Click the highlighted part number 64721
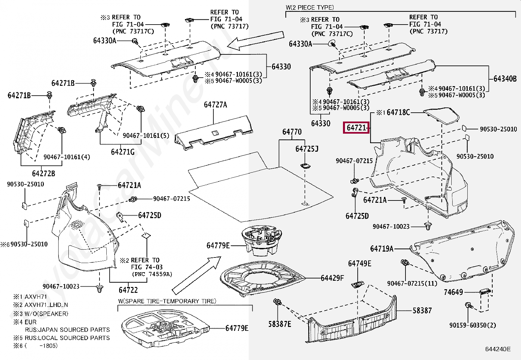[356, 127]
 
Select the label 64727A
[215, 105]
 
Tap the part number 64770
[292, 132]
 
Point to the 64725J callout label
[307, 149]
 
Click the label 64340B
[505, 79]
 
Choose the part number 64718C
[398, 113]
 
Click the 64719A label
[382, 249]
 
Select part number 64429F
[332, 278]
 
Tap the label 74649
[453, 292]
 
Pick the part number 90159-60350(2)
[473, 325]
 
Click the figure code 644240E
[498, 349]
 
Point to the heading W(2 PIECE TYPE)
[309, 7]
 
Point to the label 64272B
[44, 173]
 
